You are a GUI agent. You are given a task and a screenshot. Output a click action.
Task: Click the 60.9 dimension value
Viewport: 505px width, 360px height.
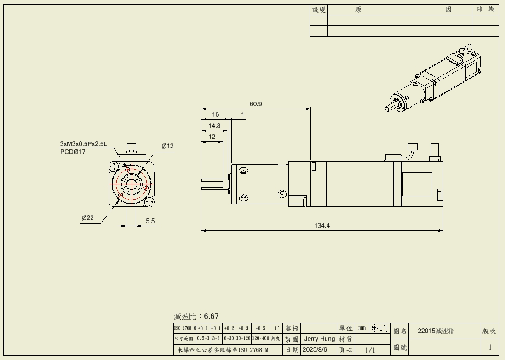coord(256,104)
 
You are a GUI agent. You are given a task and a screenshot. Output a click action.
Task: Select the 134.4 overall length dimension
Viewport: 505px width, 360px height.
coord(322,226)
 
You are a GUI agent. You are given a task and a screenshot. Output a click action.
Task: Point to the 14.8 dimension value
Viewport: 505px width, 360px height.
coord(214,126)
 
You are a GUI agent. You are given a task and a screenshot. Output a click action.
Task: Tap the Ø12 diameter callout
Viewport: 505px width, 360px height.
coord(168,146)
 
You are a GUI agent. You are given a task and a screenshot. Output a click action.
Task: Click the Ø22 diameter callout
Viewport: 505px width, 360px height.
coord(87,218)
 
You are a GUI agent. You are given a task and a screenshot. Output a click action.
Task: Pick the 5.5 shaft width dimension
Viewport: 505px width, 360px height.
coord(150,221)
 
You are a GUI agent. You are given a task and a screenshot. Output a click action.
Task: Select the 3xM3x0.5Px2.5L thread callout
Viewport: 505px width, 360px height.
coord(83,144)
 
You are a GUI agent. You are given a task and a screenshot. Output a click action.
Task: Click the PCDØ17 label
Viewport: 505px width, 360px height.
coord(73,152)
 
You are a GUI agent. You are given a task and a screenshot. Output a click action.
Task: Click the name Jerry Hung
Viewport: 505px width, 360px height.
coord(320,339)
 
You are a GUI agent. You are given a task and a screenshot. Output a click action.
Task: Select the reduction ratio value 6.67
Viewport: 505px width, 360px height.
coord(212,316)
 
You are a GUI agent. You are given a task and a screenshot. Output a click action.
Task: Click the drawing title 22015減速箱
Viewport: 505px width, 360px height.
coord(436,331)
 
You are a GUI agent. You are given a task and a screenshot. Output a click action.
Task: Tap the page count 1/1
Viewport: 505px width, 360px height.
coord(370,350)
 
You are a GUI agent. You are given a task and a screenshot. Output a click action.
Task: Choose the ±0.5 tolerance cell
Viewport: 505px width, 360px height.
coord(260,328)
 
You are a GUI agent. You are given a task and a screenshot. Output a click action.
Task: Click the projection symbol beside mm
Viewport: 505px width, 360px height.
coord(379,328)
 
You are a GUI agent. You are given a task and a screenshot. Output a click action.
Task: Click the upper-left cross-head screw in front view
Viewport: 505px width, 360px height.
coord(114,167)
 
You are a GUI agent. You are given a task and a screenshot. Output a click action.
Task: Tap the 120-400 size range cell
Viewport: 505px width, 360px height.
coord(260,338)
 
